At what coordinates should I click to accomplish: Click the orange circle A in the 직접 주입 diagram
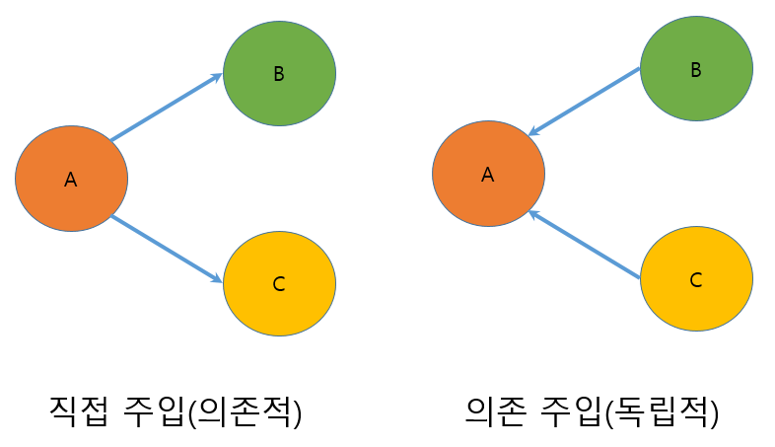pos(71,179)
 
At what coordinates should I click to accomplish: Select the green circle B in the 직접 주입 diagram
pos(279,73)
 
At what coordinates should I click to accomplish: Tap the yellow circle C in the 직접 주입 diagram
pos(279,283)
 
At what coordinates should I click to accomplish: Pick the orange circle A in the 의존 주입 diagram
pos(488,174)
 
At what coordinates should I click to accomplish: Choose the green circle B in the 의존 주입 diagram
pos(696,69)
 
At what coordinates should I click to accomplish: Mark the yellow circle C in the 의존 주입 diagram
pos(696,279)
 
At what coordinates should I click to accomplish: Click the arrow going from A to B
pos(166,108)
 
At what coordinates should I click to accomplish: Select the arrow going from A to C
pos(166,249)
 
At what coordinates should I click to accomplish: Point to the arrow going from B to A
pos(585,102)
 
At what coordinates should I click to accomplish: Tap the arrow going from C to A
pos(585,245)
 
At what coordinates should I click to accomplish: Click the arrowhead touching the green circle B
pos(218,76)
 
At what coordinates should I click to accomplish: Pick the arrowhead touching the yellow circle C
pos(218,280)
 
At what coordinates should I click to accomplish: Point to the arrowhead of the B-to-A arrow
pos(533,132)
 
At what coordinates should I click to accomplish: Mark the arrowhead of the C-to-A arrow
pos(532,213)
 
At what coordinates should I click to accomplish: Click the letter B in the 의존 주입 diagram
pos(696,70)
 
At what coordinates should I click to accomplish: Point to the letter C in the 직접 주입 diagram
pos(278,284)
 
